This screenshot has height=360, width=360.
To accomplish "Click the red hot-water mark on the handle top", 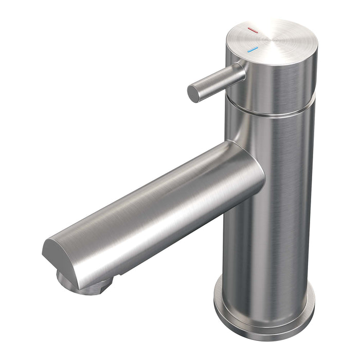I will coord(252,31).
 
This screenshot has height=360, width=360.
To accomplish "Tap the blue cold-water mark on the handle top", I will coord(252,50).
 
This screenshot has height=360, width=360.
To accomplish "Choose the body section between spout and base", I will coord(267,247).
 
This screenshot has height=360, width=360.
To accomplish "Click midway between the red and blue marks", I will coord(252,41).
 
